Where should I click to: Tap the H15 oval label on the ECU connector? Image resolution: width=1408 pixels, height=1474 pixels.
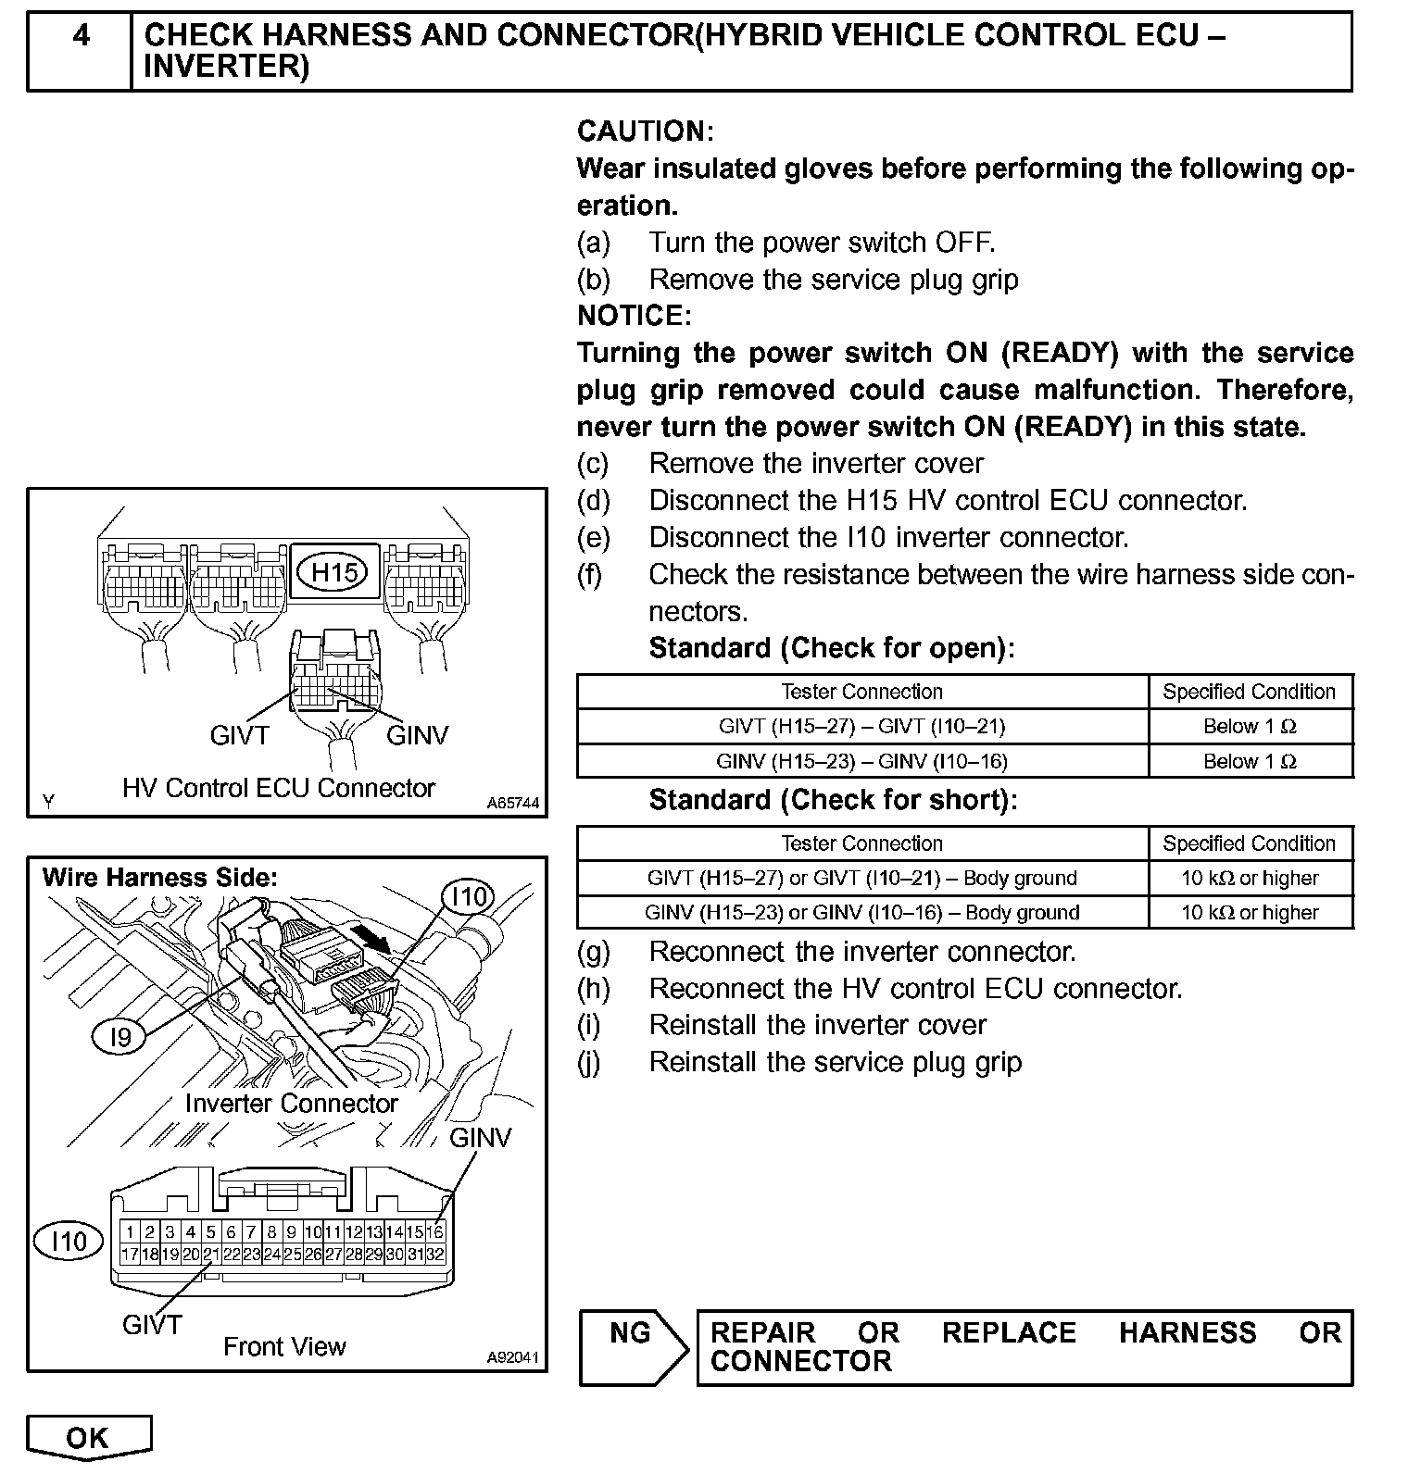coord(333,573)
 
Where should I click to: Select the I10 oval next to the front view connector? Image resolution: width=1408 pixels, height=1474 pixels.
coord(68,1241)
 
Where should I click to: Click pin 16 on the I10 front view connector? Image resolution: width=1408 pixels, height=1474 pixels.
coord(435,1231)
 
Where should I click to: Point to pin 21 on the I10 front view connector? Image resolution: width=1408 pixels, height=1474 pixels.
coord(210,1255)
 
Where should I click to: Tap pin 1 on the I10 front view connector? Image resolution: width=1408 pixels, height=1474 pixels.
coord(130,1231)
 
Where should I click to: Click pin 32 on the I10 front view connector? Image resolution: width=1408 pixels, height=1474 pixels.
coord(435,1255)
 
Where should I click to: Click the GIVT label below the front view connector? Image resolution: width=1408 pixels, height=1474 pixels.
coord(152,1325)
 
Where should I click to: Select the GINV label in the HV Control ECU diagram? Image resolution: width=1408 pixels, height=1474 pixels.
coord(417,735)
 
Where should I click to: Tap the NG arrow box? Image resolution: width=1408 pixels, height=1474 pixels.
coord(634,1346)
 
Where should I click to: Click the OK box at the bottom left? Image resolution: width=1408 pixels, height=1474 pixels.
coord(88,1437)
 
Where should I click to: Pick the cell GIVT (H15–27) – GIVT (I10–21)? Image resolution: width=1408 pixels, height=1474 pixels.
coord(861,727)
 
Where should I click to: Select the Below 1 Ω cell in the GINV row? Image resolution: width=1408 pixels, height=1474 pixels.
coord(1250,762)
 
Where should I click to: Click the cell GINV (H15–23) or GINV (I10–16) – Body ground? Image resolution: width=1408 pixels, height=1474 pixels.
coord(861,913)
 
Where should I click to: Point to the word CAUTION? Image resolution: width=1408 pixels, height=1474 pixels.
coord(645,131)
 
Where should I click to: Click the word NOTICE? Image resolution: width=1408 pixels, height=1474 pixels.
coord(634,316)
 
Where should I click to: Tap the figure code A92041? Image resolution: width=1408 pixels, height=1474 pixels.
coord(512,1357)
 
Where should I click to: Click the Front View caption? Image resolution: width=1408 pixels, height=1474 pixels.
coord(284,1346)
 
